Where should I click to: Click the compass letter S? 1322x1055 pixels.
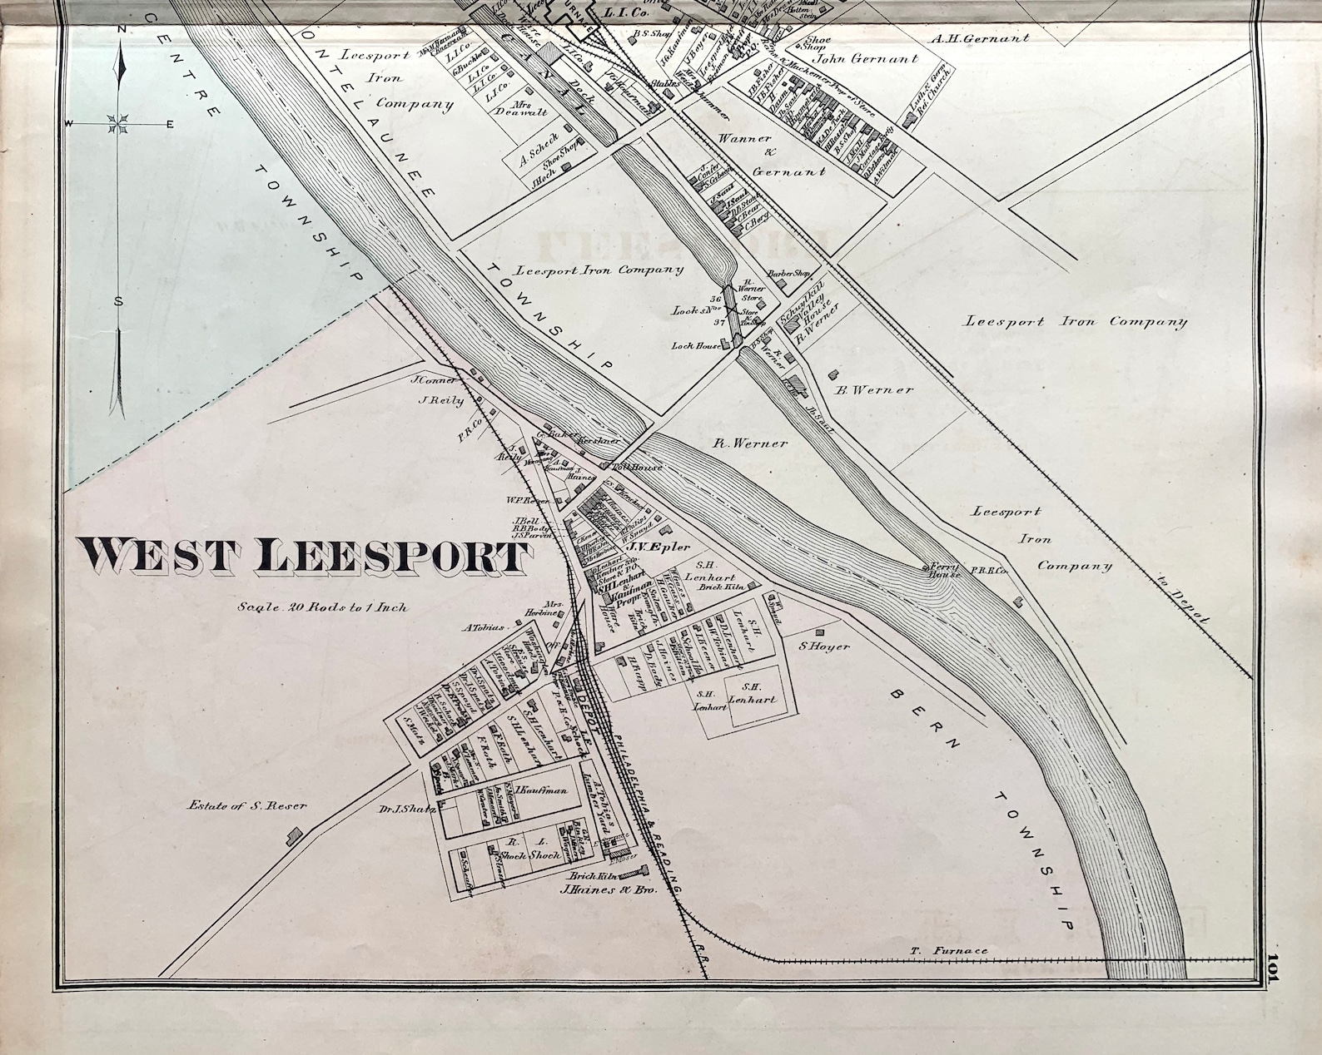119,301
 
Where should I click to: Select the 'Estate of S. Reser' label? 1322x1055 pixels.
247,805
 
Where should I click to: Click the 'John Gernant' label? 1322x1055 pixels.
866,59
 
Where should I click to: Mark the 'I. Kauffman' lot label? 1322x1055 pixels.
542,790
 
